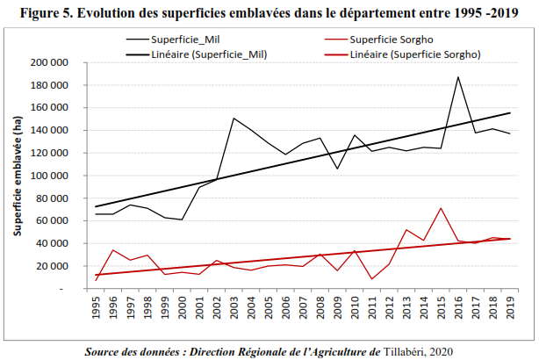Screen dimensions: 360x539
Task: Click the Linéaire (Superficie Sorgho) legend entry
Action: point(413,54)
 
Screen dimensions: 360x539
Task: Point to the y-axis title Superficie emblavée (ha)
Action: point(17,175)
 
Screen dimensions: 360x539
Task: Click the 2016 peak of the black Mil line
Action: point(457,77)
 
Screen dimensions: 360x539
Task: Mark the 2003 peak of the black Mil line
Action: point(234,118)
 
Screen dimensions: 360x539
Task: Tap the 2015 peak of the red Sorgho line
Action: point(440,208)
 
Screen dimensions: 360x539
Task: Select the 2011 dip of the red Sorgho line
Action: point(371,279)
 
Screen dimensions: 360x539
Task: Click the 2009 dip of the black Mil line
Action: point(337,169)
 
